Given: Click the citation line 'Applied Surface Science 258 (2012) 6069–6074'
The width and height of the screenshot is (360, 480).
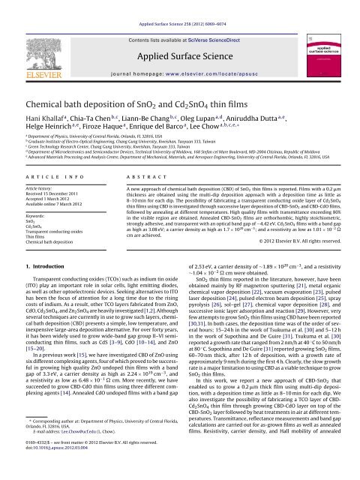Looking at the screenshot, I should (x=179, y=4).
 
